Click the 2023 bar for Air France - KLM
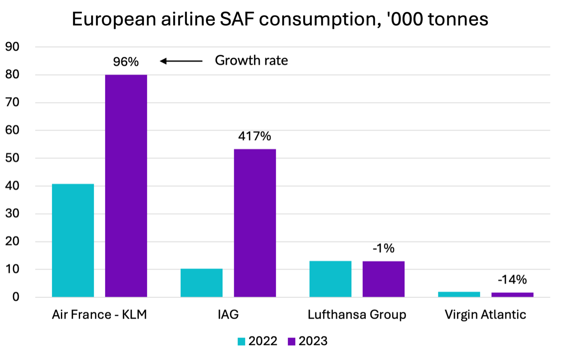click(126, 186)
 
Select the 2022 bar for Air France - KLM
click(73, 241)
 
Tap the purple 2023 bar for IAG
click(255, 223)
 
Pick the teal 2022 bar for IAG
click(202, 283)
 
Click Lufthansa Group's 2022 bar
click(330, 279)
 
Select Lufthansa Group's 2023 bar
click(383, 279)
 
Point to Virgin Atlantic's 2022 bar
click(459, 294)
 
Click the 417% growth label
click(255, 136)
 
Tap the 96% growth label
click(126, 62)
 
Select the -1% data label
click(383, 248)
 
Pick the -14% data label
click(512, 280)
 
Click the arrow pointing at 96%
click(181, 61)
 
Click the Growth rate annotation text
click(251, 61)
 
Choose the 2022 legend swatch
click(242, 342)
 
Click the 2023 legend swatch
click(291, 342)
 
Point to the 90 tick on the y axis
click(12, 47)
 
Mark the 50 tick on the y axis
click(12, 158)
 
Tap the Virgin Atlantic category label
click(485, 315)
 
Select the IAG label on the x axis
click(228, 315)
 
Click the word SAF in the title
click(236, 19)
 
